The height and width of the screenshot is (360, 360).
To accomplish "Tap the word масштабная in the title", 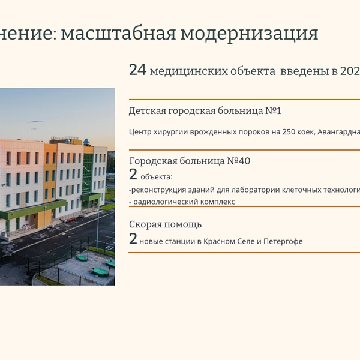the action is (x=118, y=34).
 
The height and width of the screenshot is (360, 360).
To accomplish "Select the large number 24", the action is (x=137, y=70).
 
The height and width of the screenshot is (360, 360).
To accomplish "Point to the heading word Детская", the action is (x=147, y=111).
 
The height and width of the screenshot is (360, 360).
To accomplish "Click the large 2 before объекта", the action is (x=133, y=174).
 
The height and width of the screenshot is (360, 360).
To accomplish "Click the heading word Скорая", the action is (x=143, y=224).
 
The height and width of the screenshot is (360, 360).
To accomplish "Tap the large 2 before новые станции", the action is (x=133, y=239).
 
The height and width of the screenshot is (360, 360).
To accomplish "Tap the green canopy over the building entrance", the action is (x=33, y=209).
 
